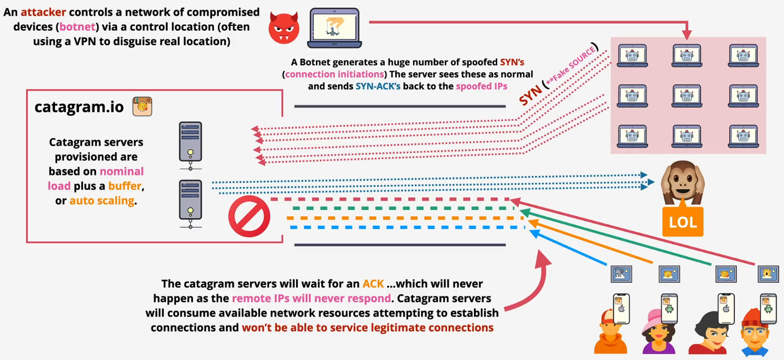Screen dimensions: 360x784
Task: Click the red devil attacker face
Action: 284,27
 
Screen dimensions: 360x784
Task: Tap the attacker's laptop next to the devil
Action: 334,27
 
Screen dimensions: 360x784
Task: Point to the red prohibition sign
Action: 249,217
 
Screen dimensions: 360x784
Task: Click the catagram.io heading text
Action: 79,107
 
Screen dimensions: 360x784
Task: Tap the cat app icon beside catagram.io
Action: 142,106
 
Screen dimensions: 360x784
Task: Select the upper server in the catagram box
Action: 190,142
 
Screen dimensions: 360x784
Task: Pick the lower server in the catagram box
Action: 190,202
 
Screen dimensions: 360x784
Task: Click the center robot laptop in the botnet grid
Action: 686,96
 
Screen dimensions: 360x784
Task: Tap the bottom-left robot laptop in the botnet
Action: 632,136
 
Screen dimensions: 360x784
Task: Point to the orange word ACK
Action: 373,283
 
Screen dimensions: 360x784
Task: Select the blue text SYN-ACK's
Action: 378,86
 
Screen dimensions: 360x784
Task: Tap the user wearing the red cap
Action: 610,331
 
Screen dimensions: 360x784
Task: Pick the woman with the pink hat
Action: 658,331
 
